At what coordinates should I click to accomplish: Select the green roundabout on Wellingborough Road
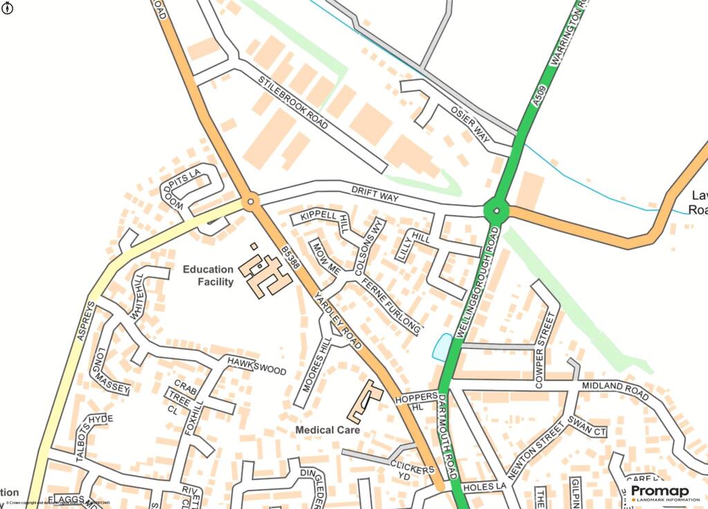tap(496, 210)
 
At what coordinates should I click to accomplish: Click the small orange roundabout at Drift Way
tap(250, 202)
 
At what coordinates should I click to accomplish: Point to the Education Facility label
tap(208, 276)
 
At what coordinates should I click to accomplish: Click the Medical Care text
tap(328, 430)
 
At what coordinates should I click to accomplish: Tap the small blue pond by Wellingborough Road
tap(442, 347)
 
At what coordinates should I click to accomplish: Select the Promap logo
tap(660, 492)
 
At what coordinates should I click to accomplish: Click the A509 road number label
tap(541, 96)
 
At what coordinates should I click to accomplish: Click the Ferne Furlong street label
tap(391, 305)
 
